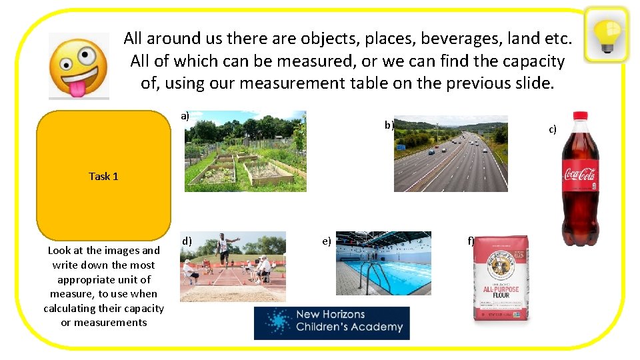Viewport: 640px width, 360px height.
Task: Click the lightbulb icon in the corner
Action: [607, 34]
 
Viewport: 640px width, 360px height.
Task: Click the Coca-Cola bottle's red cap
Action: [579, 115]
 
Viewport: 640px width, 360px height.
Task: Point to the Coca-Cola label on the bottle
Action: [580, 175]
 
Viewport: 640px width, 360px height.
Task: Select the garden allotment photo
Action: [245, 151]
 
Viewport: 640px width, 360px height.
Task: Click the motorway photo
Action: [451, 154]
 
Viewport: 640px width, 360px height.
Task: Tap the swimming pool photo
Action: [383, 263]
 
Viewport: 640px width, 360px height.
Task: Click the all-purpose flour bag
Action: [500, 278]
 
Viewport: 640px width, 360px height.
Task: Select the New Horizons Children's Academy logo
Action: [332, 323]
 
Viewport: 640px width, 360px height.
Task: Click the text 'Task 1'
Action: [103, 176]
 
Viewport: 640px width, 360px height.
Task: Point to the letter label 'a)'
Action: [185, 115]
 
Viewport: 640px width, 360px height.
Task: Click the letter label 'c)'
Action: [552, 129]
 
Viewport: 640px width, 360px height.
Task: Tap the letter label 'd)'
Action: [187, 241]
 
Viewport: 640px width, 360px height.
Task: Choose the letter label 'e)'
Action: [327, 241]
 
